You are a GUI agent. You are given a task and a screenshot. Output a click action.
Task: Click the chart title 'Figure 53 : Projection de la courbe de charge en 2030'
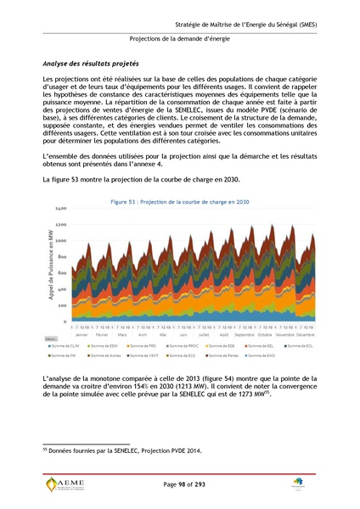tap(180, 202)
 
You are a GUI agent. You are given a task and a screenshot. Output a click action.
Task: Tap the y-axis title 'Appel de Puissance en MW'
tap(51, 265)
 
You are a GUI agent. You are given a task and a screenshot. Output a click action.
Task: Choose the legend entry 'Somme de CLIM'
tap(87, 346)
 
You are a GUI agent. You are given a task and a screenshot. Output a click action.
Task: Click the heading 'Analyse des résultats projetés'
tap(91, 64)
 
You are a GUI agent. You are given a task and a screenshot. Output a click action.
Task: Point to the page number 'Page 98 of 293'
tap(180, 484)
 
